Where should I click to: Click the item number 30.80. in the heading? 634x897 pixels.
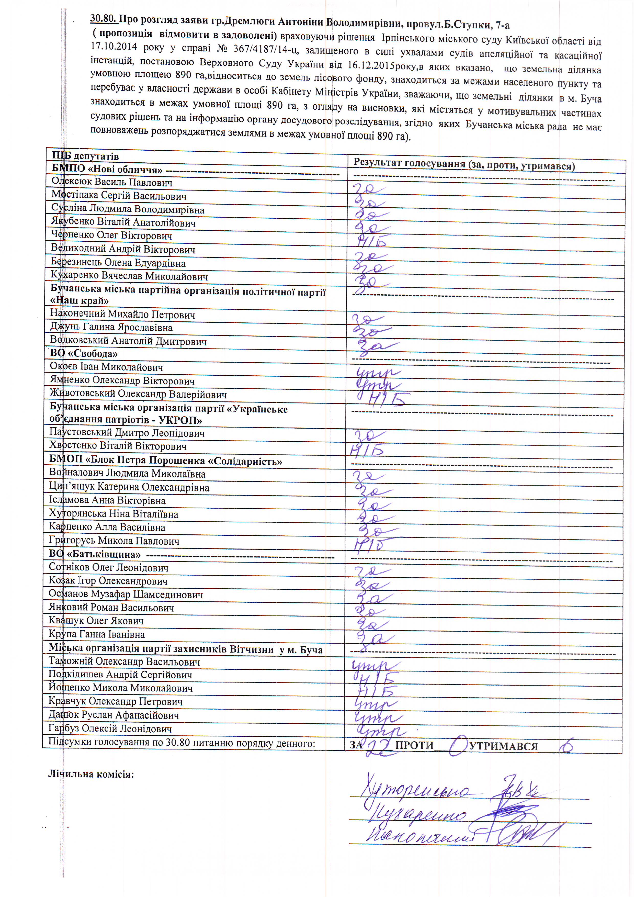coord(104,18)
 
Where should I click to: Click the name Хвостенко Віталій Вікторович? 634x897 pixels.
coord(118,446)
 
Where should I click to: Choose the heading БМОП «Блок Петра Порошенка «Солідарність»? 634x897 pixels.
coord(166,460)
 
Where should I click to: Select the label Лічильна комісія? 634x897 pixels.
coord(91,774)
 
